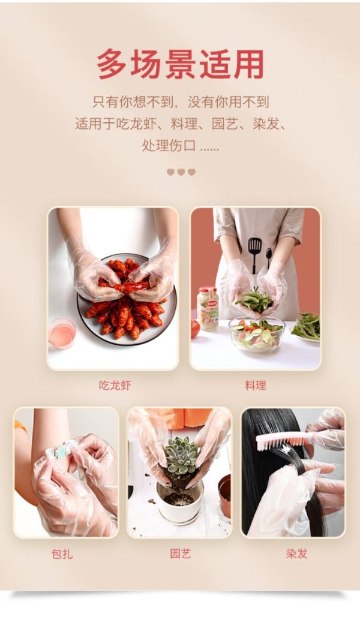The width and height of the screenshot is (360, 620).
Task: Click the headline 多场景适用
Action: [181, 65]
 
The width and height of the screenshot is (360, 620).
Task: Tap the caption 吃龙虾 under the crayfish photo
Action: [115, 385]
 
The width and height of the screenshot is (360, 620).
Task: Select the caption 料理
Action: [255, 385]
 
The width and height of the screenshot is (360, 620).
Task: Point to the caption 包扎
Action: [62, 553]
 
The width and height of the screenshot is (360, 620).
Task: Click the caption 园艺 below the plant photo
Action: [181, 553]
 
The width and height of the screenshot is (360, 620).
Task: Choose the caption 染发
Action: [297, 553]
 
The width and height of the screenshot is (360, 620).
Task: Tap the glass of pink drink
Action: [62, 334]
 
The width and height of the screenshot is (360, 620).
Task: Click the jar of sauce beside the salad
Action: [208, 308]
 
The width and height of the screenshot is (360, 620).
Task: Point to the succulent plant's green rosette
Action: [182, 455]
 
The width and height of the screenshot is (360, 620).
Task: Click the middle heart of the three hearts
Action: [181, 172]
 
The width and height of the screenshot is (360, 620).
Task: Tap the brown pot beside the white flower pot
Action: [225, 496]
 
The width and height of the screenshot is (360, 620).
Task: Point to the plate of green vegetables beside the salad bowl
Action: [306, 326]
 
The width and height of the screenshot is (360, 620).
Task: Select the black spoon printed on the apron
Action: [269, 257]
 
